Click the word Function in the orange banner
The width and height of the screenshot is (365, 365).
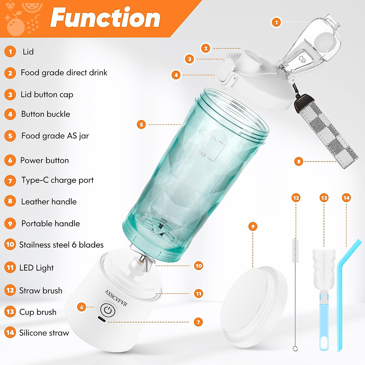[105, 18]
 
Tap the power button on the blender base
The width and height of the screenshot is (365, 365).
[108, 310]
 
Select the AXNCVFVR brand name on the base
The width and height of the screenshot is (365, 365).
[116, 298]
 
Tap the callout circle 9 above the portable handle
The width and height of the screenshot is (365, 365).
[253, 226]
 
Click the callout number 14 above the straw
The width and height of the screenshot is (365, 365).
[346, 198]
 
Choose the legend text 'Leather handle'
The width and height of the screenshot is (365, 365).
[49, 202]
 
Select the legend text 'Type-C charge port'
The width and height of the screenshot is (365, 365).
[57, 180]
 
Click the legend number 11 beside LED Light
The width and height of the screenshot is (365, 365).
[10, 267]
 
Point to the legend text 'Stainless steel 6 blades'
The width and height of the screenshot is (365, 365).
[61, 245]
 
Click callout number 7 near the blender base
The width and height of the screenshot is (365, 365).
[198, 322]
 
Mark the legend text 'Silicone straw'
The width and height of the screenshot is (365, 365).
[44, 333]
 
